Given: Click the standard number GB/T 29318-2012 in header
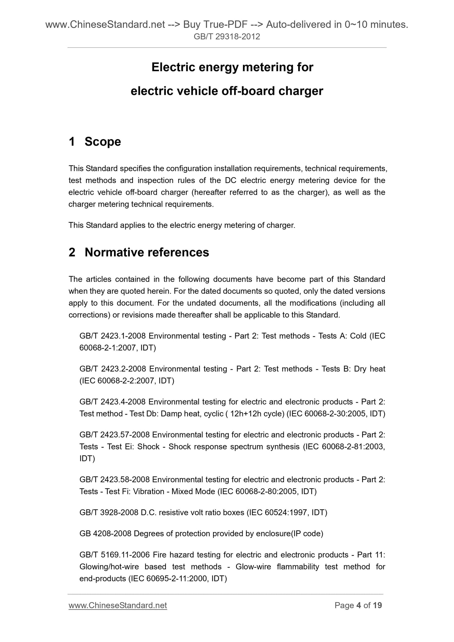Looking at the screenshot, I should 227,37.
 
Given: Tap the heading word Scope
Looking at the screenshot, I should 103,142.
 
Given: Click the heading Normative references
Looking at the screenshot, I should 147,252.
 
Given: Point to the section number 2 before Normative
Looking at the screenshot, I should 72,252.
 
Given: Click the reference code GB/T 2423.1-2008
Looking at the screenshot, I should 112,336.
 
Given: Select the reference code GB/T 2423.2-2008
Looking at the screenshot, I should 112,369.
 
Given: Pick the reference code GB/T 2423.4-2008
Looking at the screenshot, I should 112,402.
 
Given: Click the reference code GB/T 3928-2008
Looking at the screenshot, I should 109,513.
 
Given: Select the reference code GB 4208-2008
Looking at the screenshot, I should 105,534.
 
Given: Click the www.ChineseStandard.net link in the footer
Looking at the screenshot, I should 118,605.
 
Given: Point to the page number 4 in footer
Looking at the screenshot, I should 358,605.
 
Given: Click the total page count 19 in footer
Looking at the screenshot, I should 377,605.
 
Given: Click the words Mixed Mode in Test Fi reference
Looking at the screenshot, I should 193,492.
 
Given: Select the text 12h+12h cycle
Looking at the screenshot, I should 257,414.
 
